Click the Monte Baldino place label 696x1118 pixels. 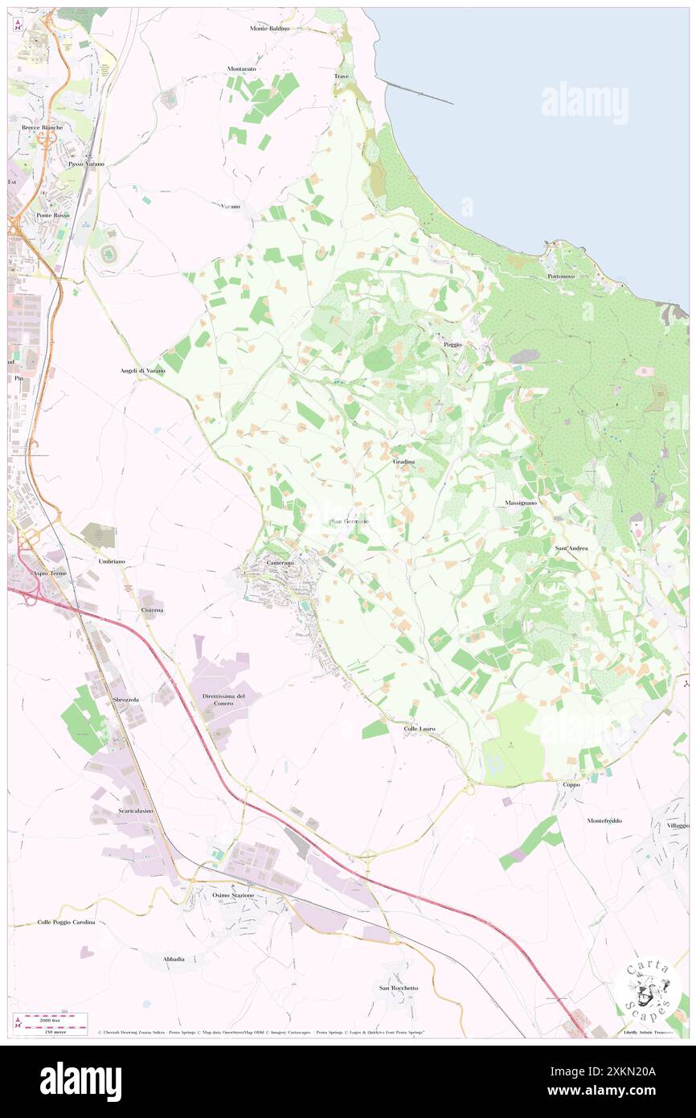point(269,28)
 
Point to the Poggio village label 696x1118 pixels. point(452,344)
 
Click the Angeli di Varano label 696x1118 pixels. point(142,370)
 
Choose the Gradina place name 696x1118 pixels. point(404,462)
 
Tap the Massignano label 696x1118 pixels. point(521,502)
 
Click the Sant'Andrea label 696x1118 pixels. point(571,548)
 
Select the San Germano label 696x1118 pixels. point(350,521)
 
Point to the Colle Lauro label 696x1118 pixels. point(420,729)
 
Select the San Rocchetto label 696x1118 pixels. point(399,988)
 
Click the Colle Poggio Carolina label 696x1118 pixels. point(66,922)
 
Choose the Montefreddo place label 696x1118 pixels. point(604,820)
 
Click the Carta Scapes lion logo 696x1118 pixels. point(647,990)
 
